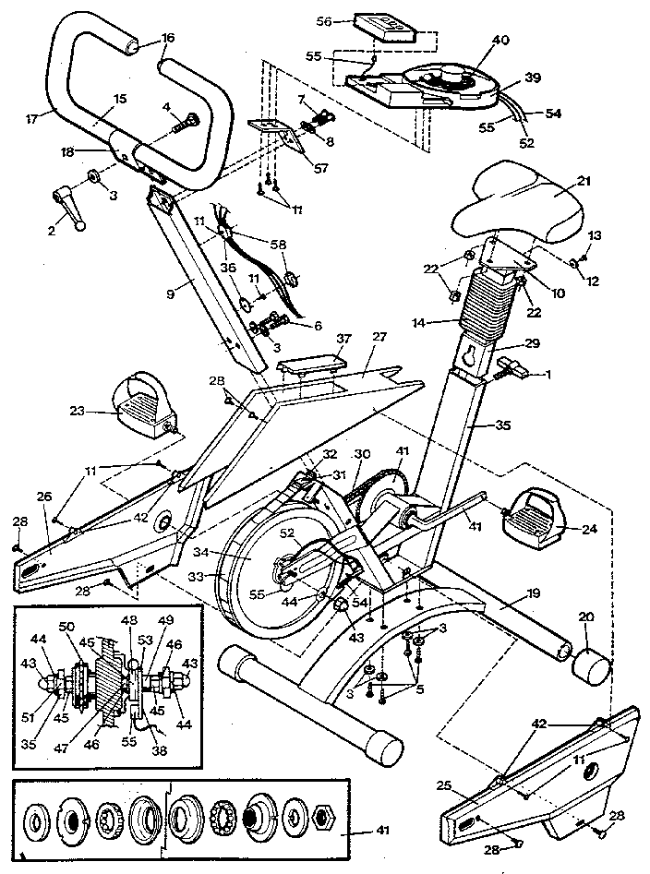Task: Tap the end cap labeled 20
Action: [x=591, y=664]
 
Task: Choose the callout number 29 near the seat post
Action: [x=530, y=342]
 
